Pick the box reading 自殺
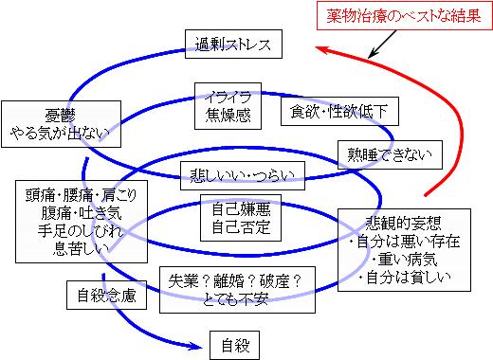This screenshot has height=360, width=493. click(233, 343)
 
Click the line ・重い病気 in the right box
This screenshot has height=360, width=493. click(408, 258)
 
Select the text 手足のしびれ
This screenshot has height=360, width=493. click(66, 229)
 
